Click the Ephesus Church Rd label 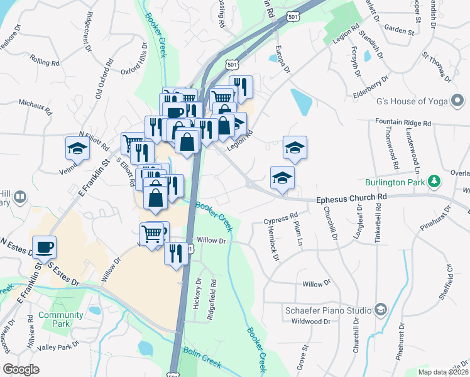click(x=351, y=197)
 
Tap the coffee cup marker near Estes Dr click(x=44, y=247)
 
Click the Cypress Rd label click(x=280, y=220)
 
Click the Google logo click(x=21, y=369)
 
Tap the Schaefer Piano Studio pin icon click(x=380, y=309)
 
